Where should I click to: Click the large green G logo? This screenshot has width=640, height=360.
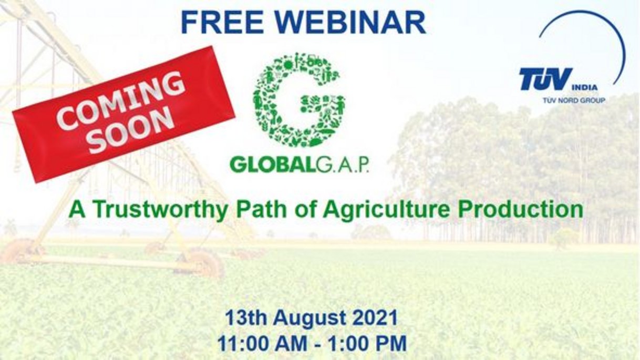click(298, 100)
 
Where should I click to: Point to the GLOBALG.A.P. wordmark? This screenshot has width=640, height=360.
click(299, 165)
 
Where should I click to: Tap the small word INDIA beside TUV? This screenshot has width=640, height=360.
click(584, 87)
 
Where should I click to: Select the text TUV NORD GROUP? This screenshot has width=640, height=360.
click(573, 100)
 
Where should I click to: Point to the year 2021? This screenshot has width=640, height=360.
click(375, 317)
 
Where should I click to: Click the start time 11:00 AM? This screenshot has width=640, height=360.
click(262, 343)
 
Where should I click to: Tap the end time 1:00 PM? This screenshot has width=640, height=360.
click(367, 343)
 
